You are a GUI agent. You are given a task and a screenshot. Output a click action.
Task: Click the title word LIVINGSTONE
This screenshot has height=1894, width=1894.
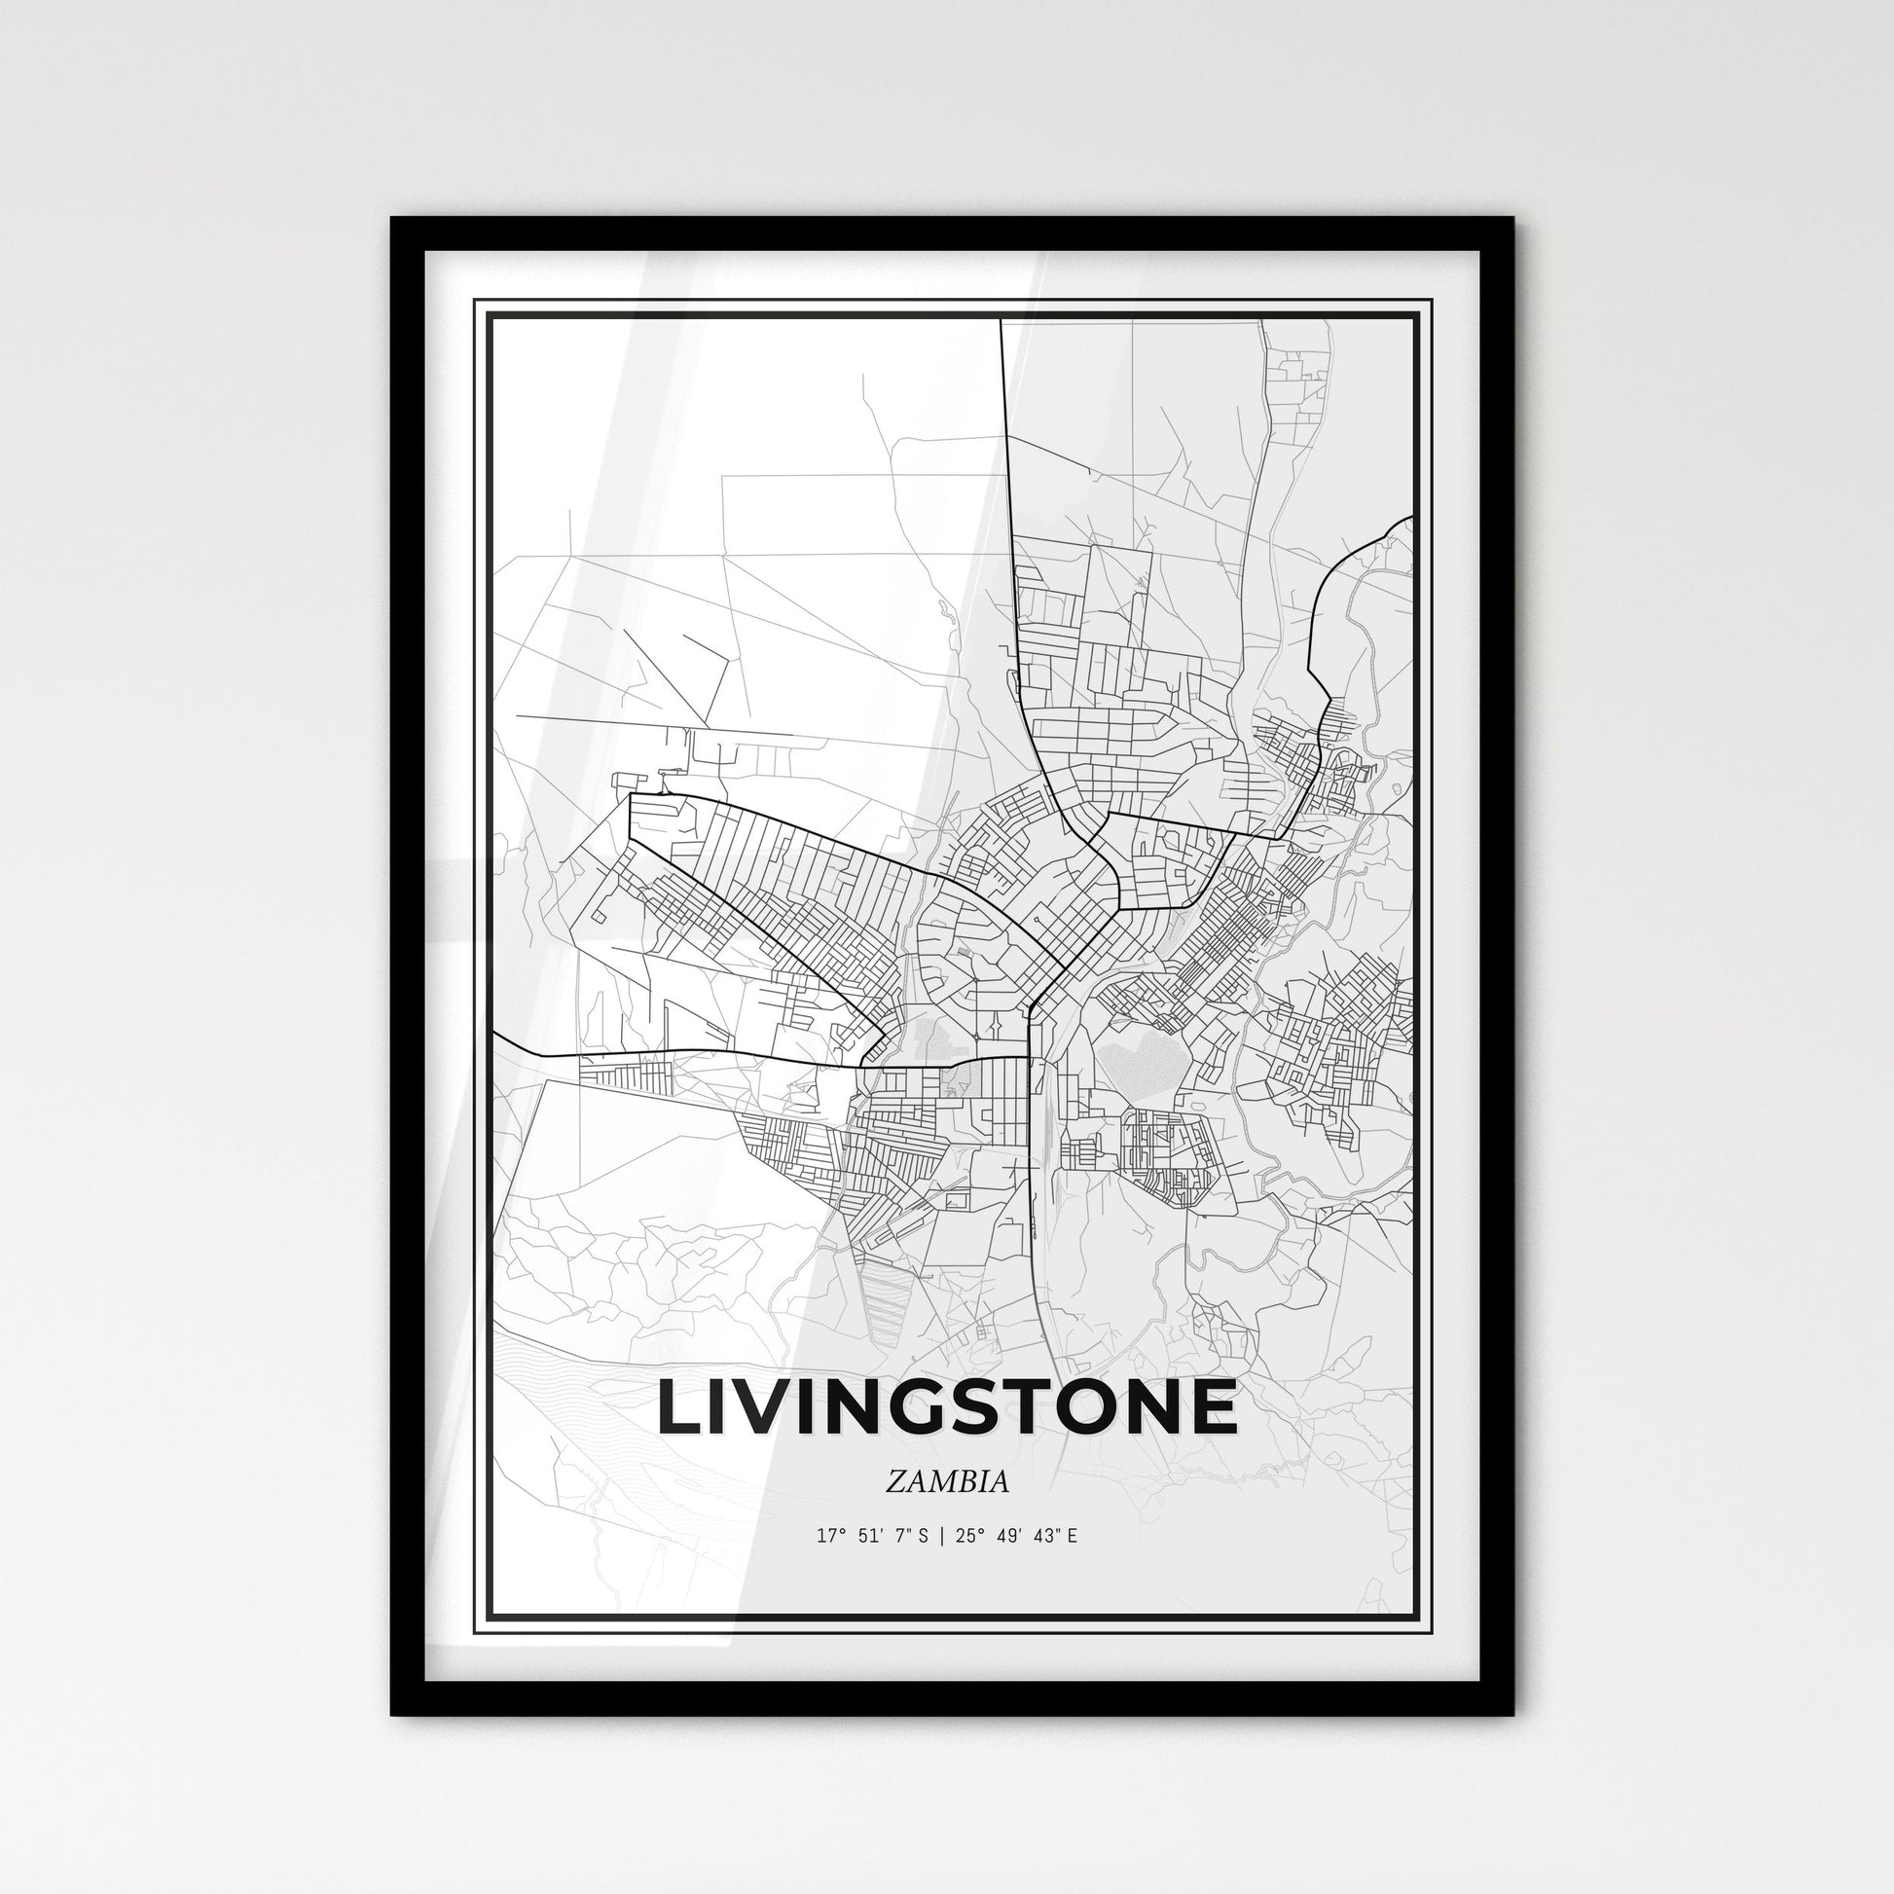(x=947, y=1407)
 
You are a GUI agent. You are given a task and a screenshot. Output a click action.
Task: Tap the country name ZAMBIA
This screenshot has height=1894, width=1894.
(x=947, y=1482)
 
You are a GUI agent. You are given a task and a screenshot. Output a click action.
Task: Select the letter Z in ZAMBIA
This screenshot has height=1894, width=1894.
(x=894, y=1482)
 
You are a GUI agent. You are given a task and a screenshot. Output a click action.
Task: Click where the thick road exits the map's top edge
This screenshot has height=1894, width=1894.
(x=1000, y=321)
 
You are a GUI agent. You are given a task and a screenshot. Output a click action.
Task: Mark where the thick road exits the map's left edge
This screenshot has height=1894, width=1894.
(x=496, y=1034)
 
